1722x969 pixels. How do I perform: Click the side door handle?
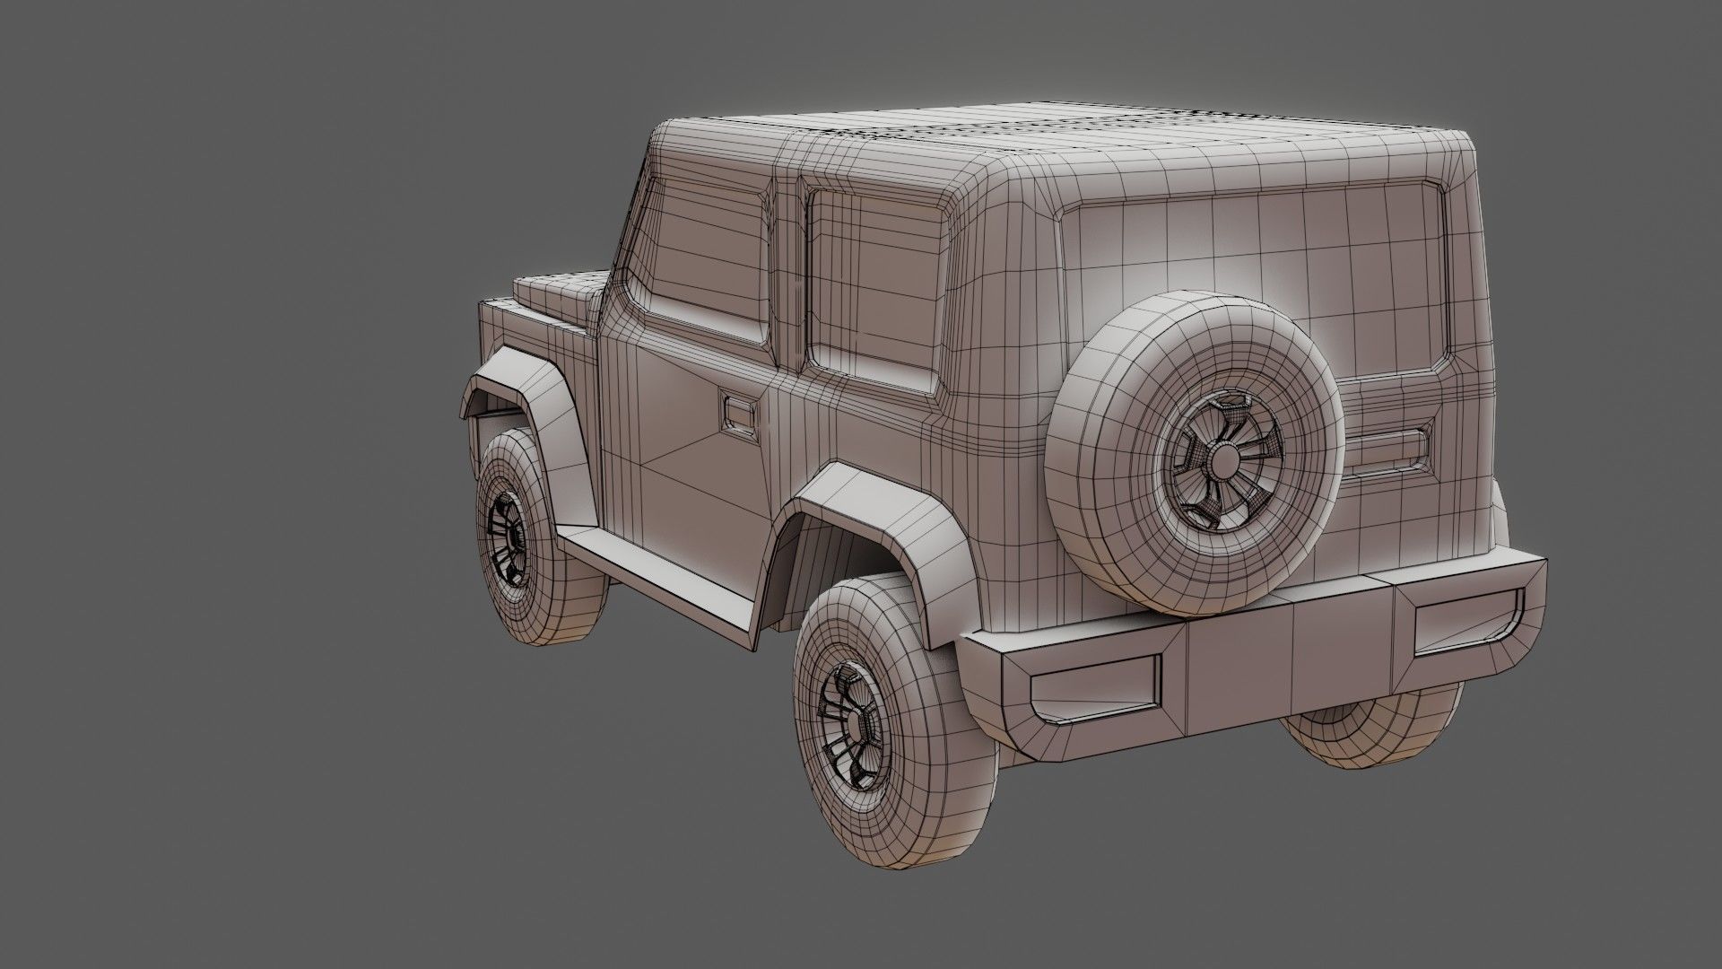pos(739,414)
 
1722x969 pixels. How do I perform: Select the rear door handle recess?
pos(1386,452)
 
